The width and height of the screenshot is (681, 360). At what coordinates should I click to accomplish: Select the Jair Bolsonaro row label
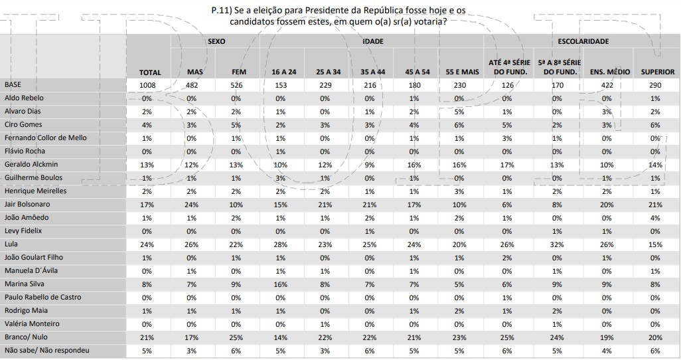27,205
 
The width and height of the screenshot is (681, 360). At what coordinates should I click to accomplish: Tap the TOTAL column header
150,72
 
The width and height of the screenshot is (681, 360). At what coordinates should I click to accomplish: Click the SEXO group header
216,41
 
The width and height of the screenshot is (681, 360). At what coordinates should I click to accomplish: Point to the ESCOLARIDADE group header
583,41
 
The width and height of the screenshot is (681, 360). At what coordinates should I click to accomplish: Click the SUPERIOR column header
657,72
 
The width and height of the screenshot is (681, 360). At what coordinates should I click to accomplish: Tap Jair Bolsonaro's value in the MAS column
192,205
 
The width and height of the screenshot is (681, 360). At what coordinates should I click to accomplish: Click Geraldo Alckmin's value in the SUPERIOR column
655,165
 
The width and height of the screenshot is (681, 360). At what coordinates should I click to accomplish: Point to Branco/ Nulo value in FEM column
236,337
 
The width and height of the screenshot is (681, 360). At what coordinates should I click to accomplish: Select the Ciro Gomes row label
23,125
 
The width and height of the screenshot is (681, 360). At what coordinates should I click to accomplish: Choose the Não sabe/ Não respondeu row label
46,351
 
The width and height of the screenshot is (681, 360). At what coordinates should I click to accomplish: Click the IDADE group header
373,41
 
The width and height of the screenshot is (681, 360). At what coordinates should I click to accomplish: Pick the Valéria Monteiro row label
32,324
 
